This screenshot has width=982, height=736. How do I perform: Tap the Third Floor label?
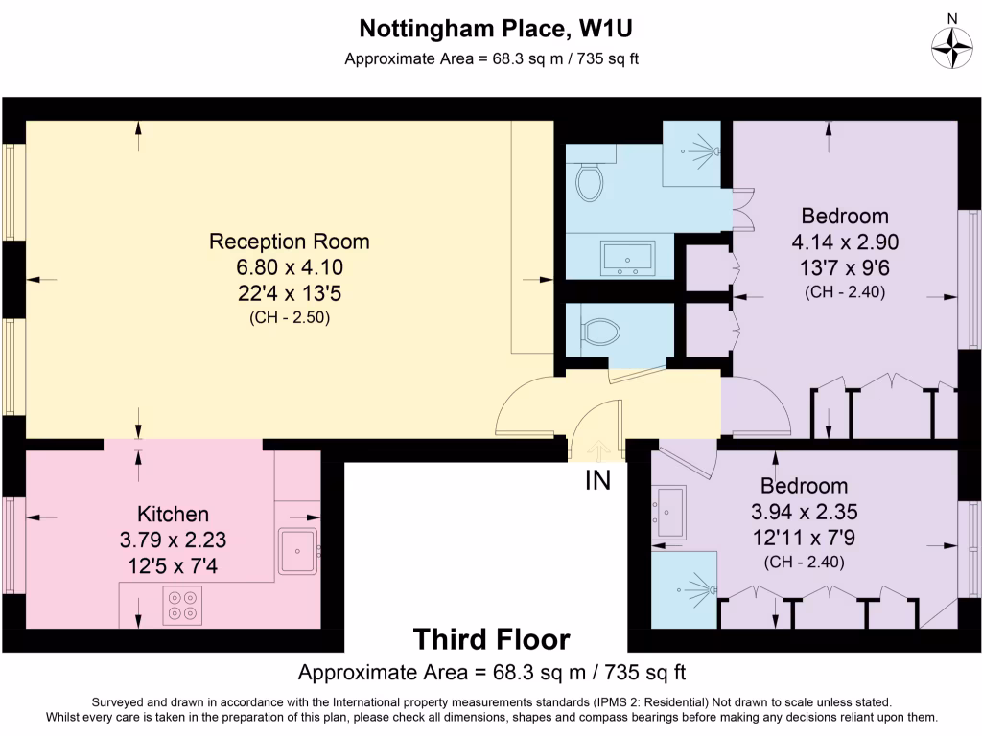point(491,638)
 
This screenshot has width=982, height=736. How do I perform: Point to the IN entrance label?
point(598,481)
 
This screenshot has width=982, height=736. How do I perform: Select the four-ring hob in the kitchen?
point(182,606)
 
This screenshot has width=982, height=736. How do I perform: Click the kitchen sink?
point(297,550)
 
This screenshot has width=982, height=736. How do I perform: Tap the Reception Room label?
point(290,241)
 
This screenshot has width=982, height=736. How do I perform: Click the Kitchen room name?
point(173,515)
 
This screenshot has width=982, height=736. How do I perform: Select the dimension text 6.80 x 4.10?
point(290,267)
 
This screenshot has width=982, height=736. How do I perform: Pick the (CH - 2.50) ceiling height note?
point(290,318)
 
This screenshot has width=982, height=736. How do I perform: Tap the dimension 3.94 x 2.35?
point(804,512)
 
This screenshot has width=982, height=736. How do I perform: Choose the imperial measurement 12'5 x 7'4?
point(173,566)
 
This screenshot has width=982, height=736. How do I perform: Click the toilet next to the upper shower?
point(588,179)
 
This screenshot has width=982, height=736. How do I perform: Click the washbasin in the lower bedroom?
point(669,512)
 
